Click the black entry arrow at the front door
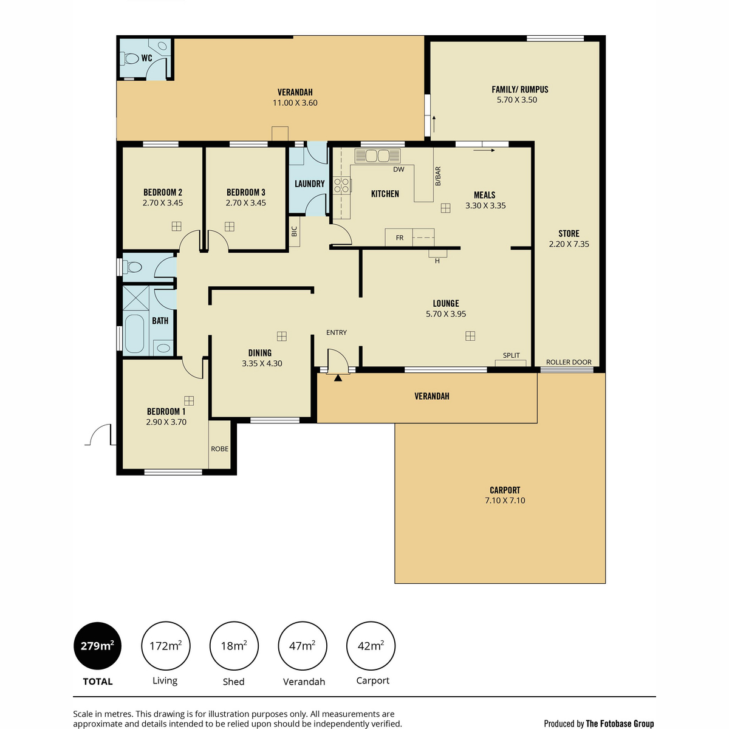[338, 377]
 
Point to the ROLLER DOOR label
[569, 362]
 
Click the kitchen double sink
[377, 156]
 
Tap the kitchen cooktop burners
[341, 185]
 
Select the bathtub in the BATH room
[134, 334]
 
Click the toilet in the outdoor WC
[131, 59]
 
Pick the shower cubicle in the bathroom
[136, 298]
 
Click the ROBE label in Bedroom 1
[219, 449]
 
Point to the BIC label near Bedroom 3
[294, 231]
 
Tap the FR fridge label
[400, 238]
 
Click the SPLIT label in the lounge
[511, 355]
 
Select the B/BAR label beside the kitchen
[438, 176]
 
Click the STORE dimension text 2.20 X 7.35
[569, 244]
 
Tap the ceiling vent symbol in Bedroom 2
[176, 226]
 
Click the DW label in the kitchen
[399, 169]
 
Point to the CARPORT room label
[505, 490]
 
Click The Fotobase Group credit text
[619, 724]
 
